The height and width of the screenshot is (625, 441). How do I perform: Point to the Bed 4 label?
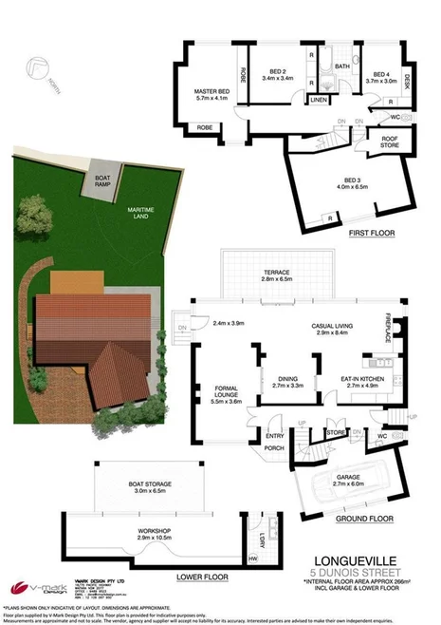click(381, 77)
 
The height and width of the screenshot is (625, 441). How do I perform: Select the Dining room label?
click(285, 382)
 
